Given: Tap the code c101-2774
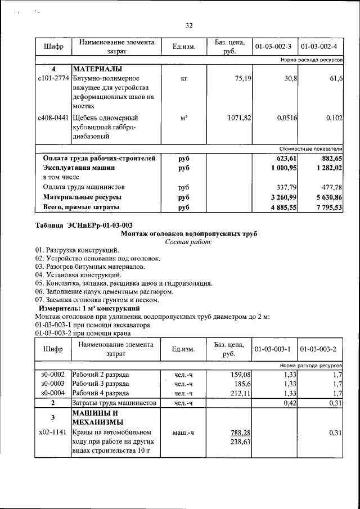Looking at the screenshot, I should click(53, 79).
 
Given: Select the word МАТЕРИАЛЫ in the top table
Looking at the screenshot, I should click(97, 69).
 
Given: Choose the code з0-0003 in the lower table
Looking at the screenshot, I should click(53, 384).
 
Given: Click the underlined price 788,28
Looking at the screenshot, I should click(241, 433).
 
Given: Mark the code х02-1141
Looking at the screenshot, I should click(53, 433).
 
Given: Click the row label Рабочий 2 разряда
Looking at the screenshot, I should click(101, 374).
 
